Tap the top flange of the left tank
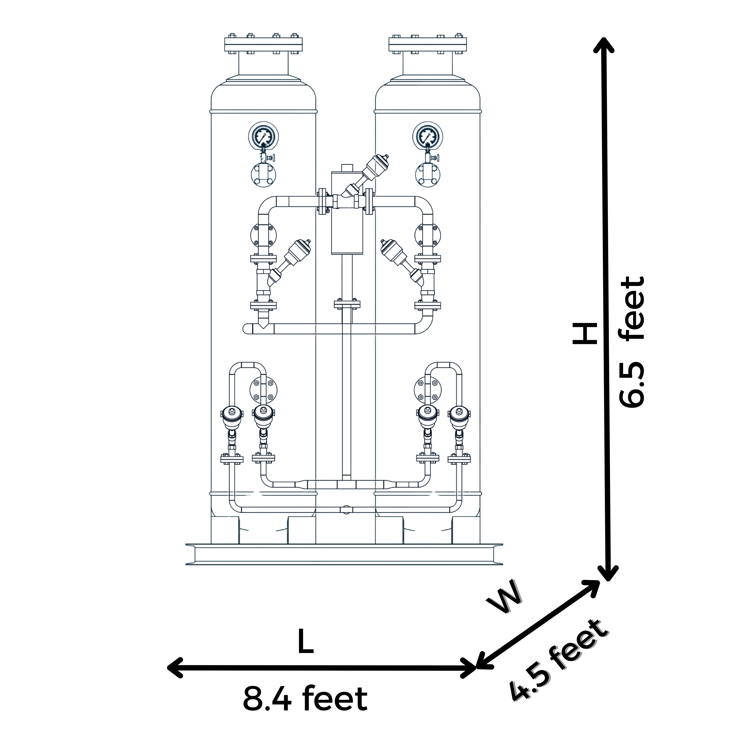[263, 44]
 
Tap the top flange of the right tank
[428, 44]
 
